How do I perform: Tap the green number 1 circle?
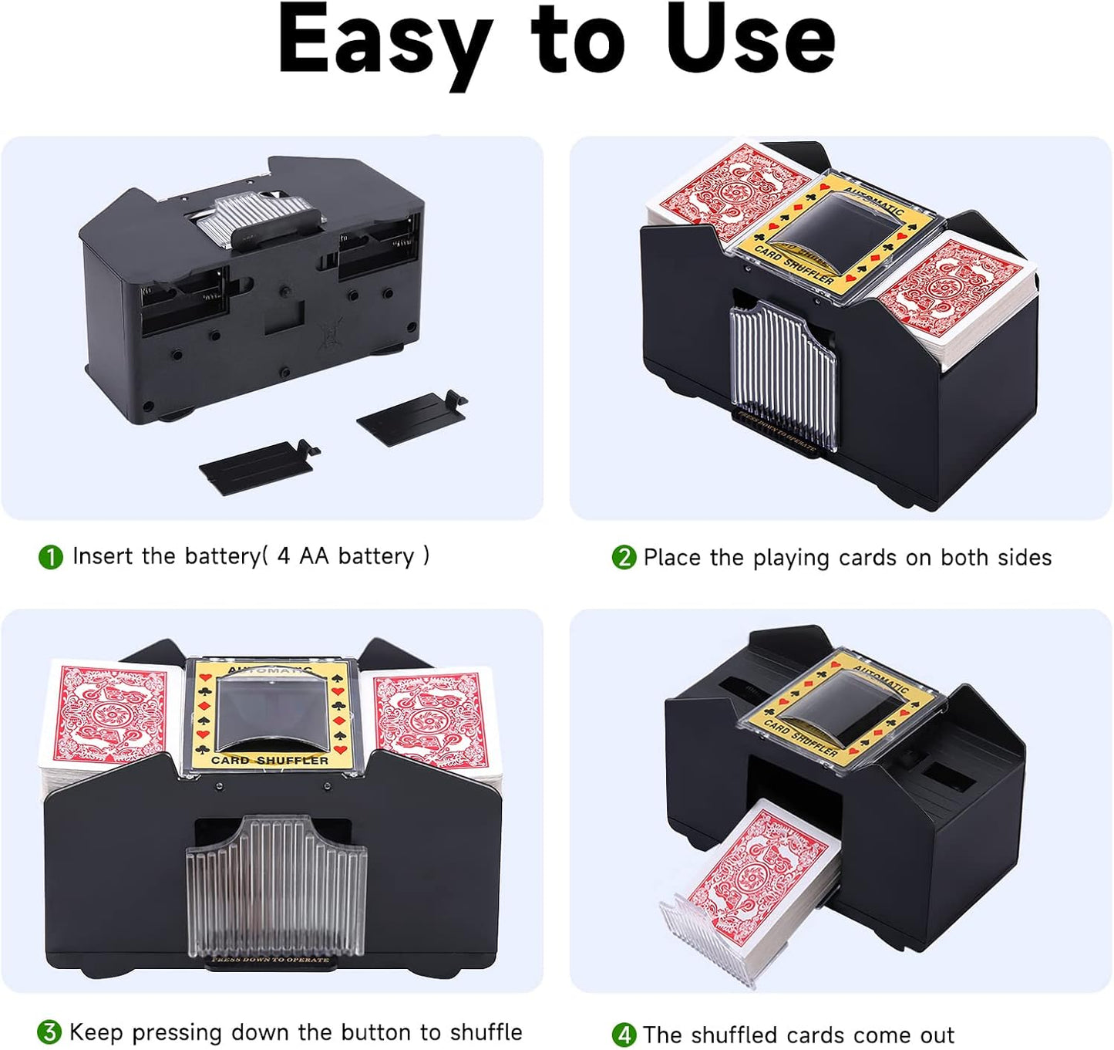[51, 557]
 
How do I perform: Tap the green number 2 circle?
[623, 557]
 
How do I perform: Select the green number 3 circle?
[49, 1032]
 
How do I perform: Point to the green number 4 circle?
[623, 1035]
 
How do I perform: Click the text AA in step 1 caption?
[314, 556]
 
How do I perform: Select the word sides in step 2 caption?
[1023, 557]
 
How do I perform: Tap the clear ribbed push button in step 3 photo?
[276, 887]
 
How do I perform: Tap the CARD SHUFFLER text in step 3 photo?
[270, 760]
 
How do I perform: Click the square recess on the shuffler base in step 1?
[283, 316]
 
